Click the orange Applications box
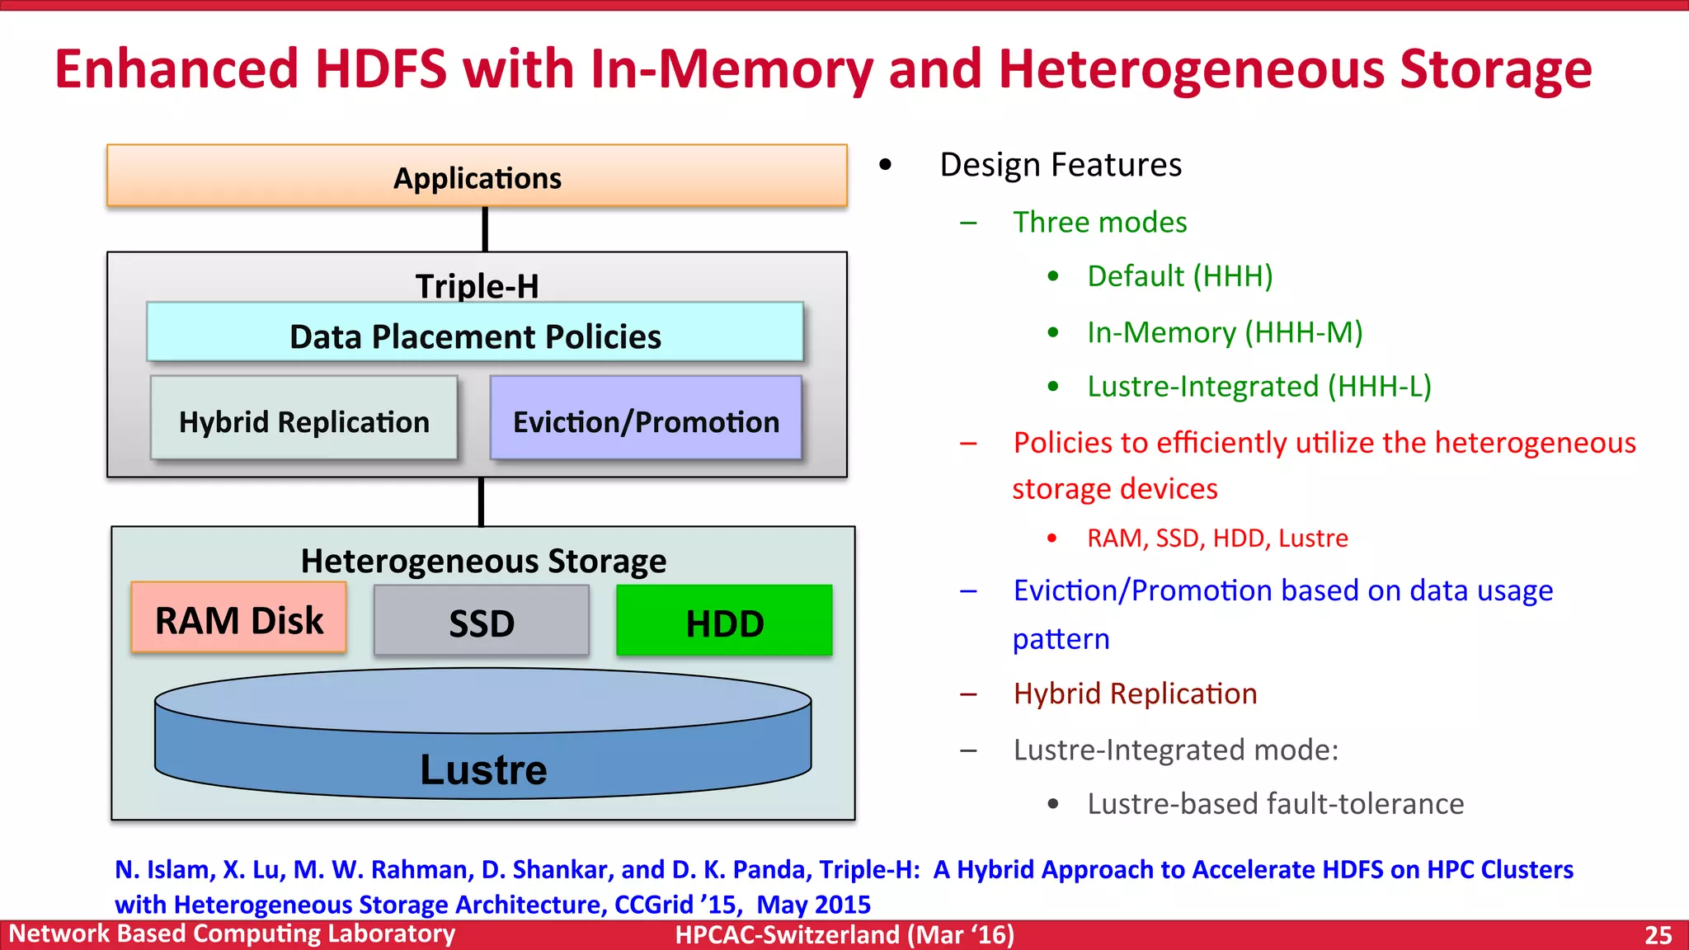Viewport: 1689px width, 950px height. pyautogui.click(x=477, y=176)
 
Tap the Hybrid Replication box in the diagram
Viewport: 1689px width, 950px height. pyautogui.click(x=303, y=419)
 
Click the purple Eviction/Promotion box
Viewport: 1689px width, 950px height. pyautogui.click(x=646, y=419)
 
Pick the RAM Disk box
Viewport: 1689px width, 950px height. pyautogui.click(x=239, y=618)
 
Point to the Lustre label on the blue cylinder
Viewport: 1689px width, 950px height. pyautogui.click(x=483, y=769)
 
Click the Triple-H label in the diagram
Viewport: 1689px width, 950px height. pyautogui.click(x=477, y=285)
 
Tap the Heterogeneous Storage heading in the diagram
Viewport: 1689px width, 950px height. pyautogui.click(x=483, y=561)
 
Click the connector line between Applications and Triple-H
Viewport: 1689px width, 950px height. pyautogui.click(x=485, y=229)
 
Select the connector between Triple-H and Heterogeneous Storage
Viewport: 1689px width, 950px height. pyautogui.click(x=481, y=501)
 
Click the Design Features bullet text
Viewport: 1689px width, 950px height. pyautogui.click(x=1060, y=165)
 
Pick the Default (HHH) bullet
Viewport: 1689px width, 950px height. pyautogui.click(x=1179, y=275)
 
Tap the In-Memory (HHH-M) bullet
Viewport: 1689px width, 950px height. pyautogui.click(x=1224, y=332)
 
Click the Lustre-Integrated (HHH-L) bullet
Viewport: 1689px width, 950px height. pyautogui.click(x=1259, y=386)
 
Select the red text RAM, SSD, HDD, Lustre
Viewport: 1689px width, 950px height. pyautogui.click(x=1217, y=538)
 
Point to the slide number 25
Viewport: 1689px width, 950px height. pyautogui.click(x=1658, y=935)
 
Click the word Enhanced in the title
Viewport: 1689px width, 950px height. pyautogui.click(x=176, y=69)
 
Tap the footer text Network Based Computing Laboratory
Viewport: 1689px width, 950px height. pyautogui.click(x=232, y=934)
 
